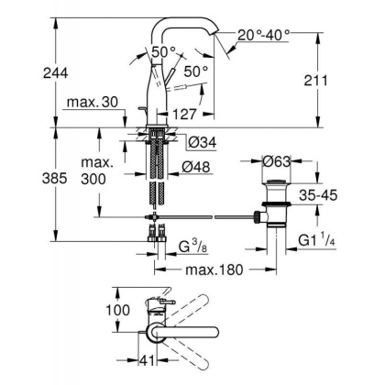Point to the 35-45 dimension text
coord(324,195)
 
